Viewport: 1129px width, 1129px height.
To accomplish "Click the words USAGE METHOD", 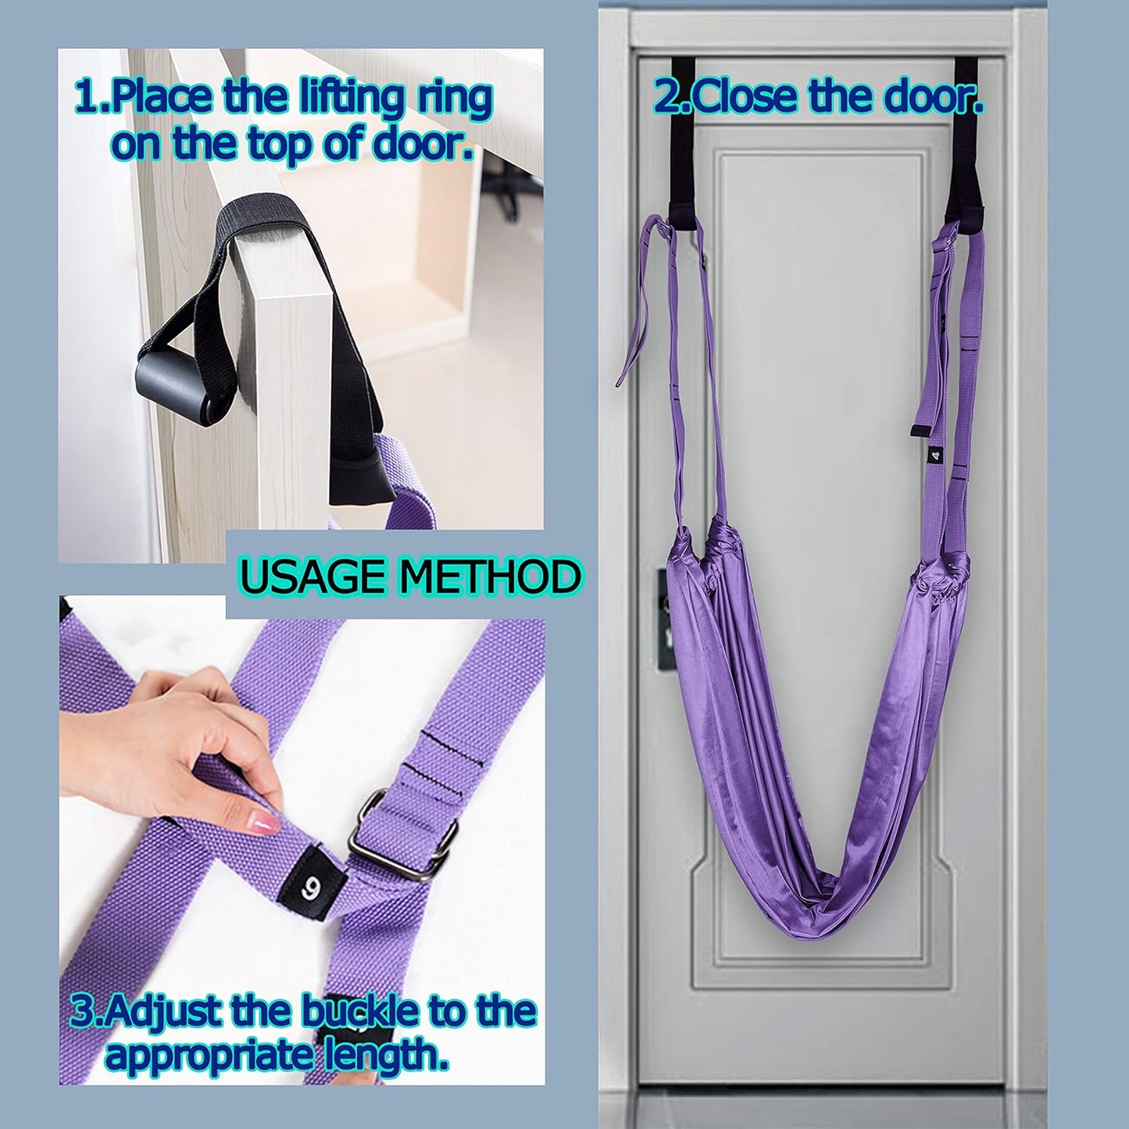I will (x=410, y=577).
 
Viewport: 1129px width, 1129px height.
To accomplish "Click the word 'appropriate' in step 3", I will (x=211, y=1056).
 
